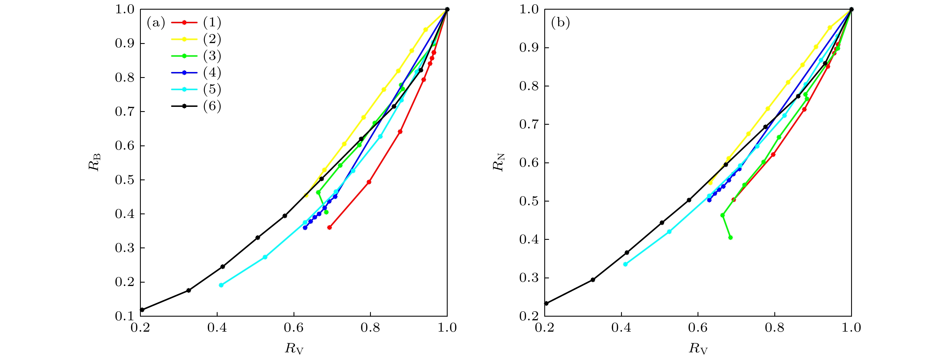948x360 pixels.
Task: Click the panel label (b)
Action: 560,23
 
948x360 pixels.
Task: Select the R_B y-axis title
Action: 94,162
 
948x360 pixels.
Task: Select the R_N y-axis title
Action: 499,162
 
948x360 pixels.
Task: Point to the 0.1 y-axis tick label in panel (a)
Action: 124,316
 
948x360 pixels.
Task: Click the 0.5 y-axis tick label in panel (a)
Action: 124,180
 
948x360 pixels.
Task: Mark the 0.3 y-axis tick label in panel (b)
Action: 528,278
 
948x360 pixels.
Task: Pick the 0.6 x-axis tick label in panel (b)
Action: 698,328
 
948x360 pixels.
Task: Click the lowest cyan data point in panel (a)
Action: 221,285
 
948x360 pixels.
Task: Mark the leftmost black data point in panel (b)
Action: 546,303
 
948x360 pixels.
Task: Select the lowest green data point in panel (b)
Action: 730,238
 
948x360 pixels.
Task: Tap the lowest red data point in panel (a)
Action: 330,228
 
